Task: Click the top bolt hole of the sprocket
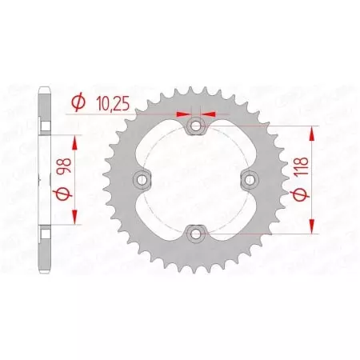pos(196,126)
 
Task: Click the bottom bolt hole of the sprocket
pos(196,233)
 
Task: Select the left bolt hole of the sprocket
pos(142,179)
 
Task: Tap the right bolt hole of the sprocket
pos(250,179)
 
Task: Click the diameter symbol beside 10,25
pos(77,102)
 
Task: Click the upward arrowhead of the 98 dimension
pos(78,142)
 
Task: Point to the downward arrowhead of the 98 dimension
pos(78,218)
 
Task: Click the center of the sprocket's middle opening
pos(196,179)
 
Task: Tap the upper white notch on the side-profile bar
pos(46,126)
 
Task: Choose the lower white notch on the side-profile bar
pos(46,232)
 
